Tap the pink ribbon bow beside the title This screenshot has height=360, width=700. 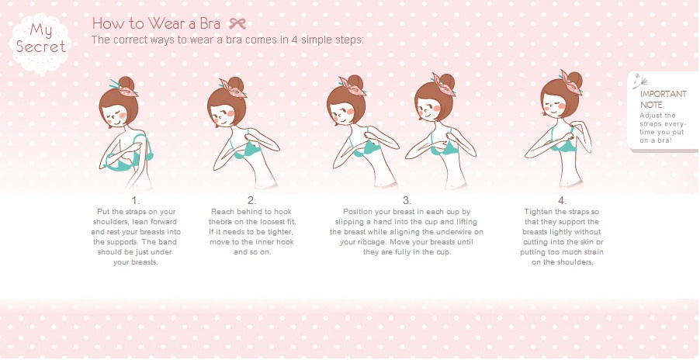click(x=237, y=23)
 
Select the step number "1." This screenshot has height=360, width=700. click(x=136, y=200)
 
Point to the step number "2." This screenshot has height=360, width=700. click(x=252, y=200)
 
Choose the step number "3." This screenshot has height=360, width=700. click(x=407, y=200)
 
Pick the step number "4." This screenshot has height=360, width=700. click(x=562, y=200)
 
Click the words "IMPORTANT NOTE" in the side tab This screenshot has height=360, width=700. click(x=663, y=99)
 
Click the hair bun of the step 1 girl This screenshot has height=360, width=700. click(x=126, y=83)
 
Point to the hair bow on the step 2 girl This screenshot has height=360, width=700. click(x=233, y=88)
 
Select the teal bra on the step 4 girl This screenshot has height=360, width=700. click(x=562, y=141)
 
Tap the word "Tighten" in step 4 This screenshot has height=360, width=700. click(x=536, y=212)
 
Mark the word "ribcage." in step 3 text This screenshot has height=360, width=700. click(x=371, y=242)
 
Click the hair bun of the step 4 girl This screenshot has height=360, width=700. click(x=574, y=79)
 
